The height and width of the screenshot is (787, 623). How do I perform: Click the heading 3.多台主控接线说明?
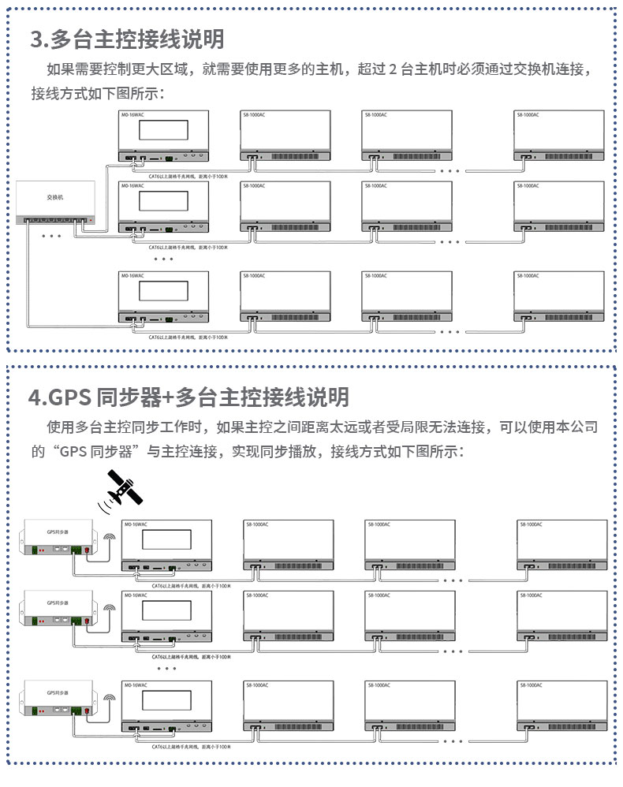point(127,39)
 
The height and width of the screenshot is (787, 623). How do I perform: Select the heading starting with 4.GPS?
point(188,397)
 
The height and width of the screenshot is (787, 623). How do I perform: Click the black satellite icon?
point(126,486)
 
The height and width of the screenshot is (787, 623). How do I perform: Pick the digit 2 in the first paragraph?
point(393,69)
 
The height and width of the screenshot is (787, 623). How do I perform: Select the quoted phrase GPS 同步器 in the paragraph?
point(98,453)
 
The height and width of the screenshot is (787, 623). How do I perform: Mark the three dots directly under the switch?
point(50,236)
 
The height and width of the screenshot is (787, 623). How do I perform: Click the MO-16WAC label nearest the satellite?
point(135,524)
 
